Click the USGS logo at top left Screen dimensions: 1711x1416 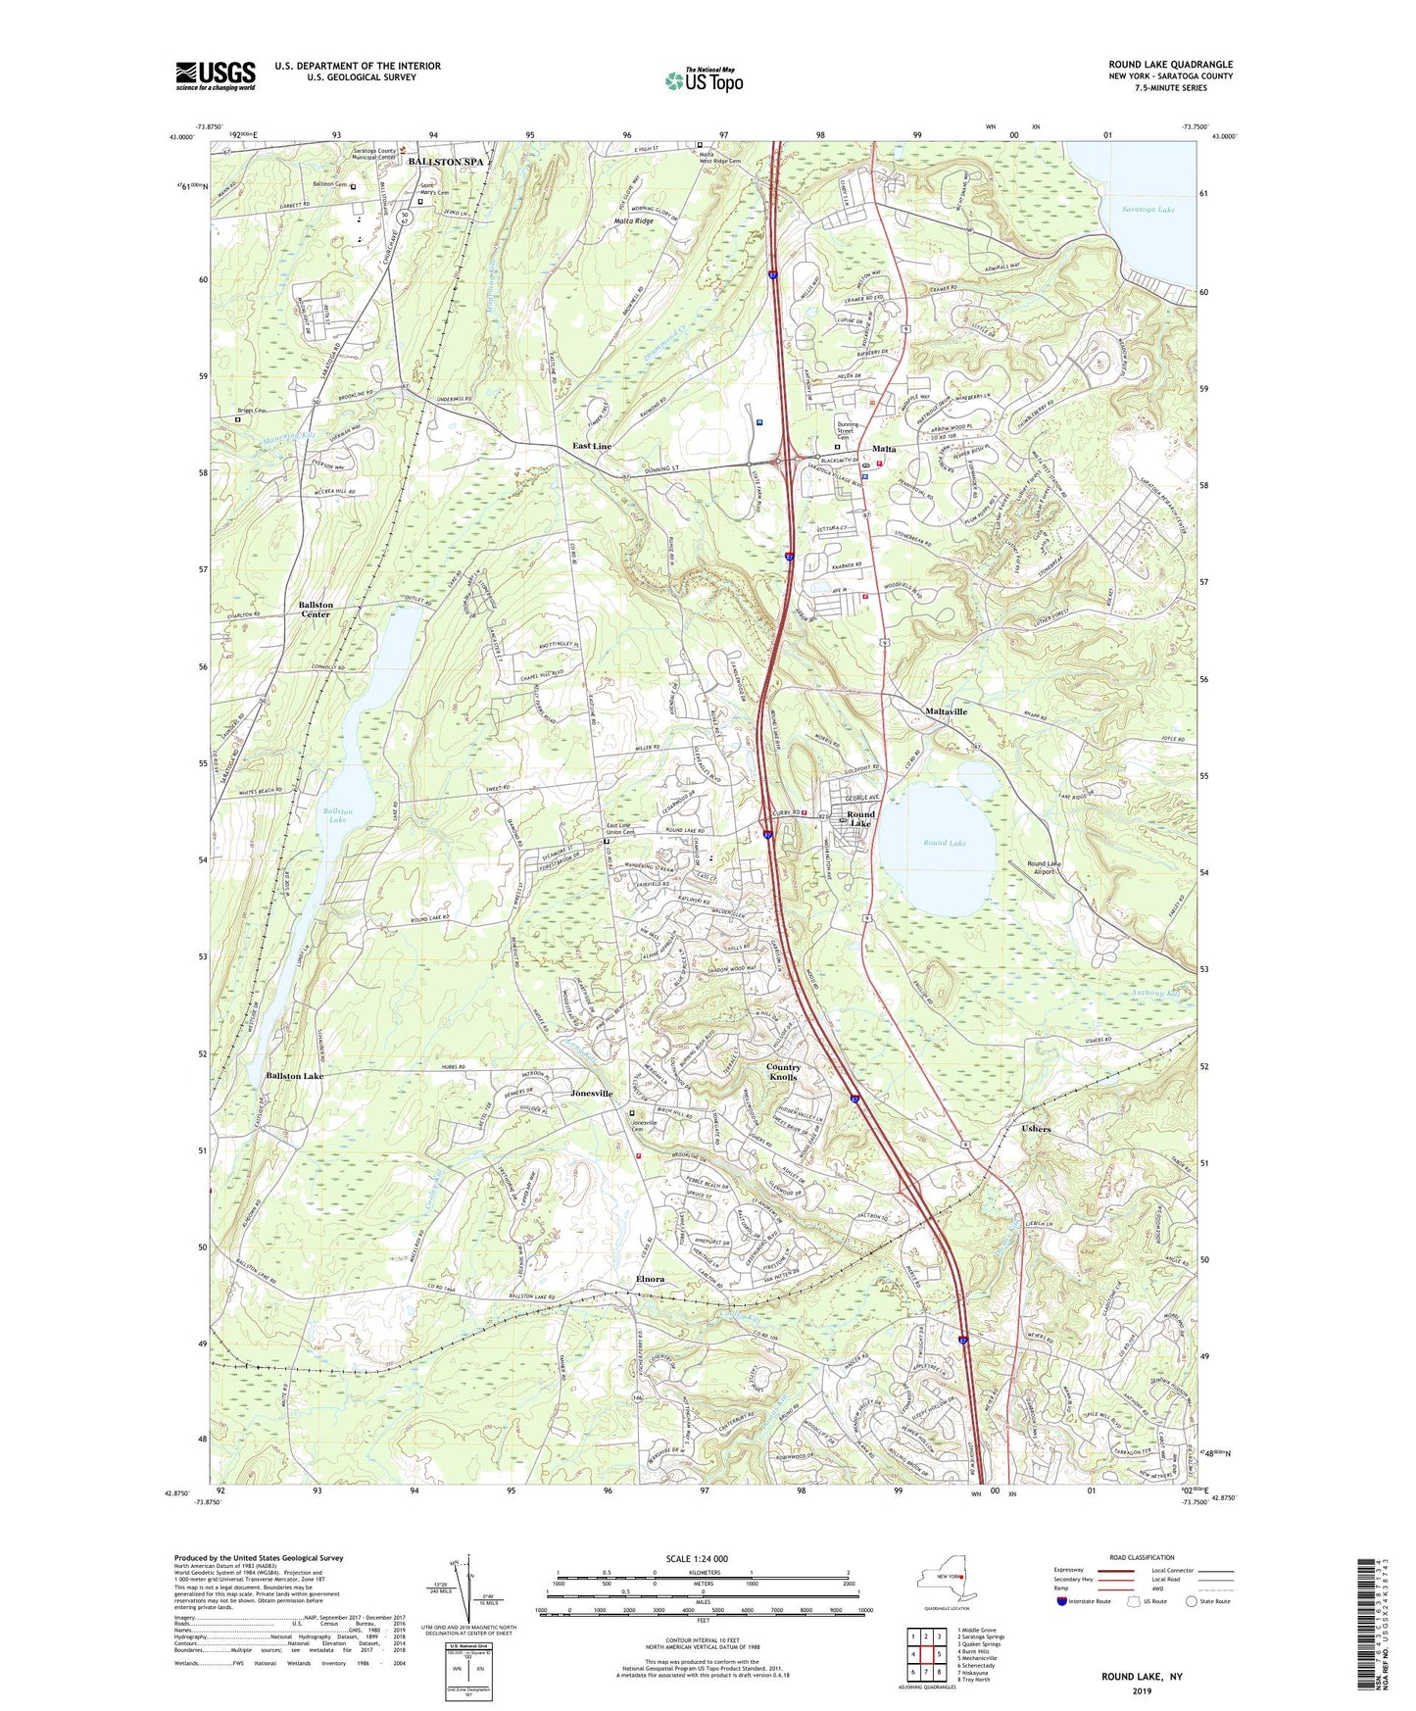click(215, 75)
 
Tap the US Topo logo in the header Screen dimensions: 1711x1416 click(704, 80)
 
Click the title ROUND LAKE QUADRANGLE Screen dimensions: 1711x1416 click(1171, 65)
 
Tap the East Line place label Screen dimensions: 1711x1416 click(592, 446)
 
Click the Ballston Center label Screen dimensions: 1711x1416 click(316, 610)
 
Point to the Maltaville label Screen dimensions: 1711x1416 click(946, 711)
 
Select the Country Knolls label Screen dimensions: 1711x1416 click(783, 1072)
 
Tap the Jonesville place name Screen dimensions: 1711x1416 click(592, 1093)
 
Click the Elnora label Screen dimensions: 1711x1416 click(651, 1279)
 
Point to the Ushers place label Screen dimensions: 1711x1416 click(1036, 1129)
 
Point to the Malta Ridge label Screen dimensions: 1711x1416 click(633, 221)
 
